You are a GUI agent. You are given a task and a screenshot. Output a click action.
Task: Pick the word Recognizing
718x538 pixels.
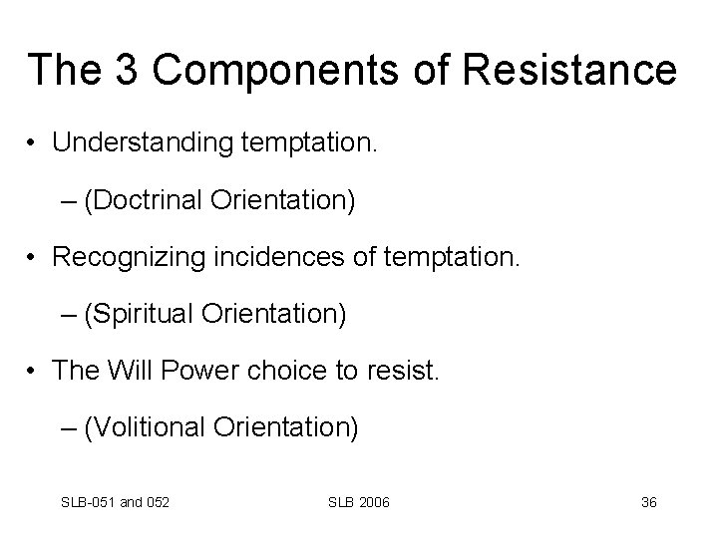pyautogui.click(x=131, y=259)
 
